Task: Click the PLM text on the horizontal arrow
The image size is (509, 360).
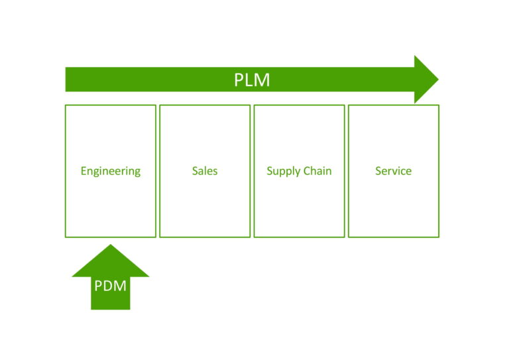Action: tap(252, 80)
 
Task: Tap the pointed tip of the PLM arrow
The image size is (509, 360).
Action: tap(437, 80)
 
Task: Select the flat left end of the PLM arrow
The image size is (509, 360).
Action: tap(66, 80)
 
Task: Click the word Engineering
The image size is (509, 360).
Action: tap(111, 171)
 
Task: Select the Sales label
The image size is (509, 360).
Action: tap(205, 171)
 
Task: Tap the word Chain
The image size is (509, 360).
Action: tap(318, 171)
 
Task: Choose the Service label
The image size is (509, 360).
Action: tap(393, 171)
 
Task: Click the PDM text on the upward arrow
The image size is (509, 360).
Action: tap(111, 286)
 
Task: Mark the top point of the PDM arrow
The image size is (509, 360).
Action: tap(111, 245)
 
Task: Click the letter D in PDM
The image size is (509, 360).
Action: tap(110, 286)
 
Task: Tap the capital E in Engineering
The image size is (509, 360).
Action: tap(84, 171)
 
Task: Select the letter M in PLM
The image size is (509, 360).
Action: tap(262, 80)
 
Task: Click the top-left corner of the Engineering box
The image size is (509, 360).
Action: tap(66, 105)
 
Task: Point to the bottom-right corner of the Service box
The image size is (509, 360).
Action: tap(438, 236)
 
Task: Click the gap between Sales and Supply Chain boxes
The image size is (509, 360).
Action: tap(252, 171)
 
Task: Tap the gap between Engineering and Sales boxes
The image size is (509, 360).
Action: tap(158, 171)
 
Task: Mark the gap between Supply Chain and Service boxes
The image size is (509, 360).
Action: tap(347, 171)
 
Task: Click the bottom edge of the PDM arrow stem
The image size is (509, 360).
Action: tap(111, 308)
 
